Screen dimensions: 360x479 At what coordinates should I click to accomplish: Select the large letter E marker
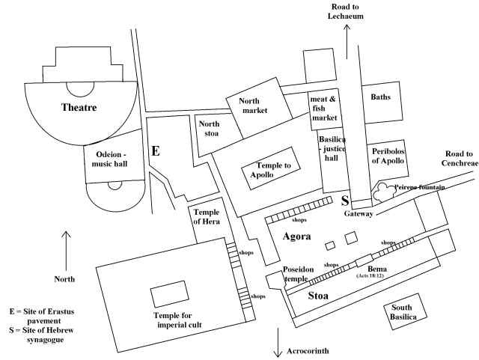coord(156,150)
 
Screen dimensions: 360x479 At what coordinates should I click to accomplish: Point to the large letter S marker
coord(345,201)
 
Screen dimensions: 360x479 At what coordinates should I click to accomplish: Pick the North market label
coord(254,106)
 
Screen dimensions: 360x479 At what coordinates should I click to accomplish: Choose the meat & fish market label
coord(325,108)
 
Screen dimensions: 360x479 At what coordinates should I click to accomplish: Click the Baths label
coord(381,97)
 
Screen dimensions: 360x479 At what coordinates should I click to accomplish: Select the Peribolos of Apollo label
coord(388,156)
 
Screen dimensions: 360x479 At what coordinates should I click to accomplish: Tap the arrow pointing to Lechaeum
coord(347,41)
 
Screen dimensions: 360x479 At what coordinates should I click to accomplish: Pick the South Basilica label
coord(403,311)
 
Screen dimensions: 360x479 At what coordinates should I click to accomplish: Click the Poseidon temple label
coord(295,273)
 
